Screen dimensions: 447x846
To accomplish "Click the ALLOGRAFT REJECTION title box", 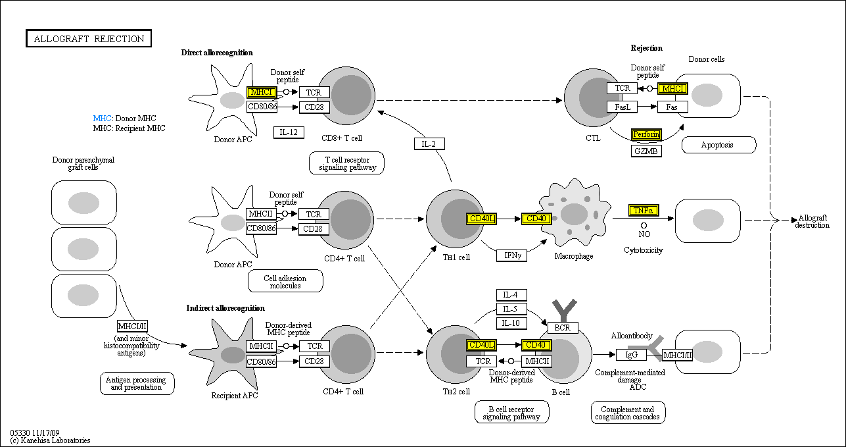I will [x=89, y=39].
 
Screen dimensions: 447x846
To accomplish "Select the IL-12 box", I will [x=289, y=132].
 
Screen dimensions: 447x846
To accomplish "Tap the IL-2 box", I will [x=429, y=144].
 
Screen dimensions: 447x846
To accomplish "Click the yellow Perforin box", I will [x=646, y=134].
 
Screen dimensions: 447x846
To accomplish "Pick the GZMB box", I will [x=646, y=151].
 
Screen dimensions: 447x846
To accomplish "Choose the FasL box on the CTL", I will [x=622, y=107].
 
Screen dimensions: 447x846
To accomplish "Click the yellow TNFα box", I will [x=643, y=211].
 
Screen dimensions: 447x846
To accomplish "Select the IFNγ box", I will [x=511, y=255].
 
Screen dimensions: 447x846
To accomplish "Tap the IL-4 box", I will [x=511, y=295].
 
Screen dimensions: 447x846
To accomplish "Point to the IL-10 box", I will [x=511, y=323].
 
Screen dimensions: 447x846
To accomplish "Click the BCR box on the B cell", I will [x=563, y=327].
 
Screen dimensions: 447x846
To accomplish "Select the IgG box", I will [x=631, y=355].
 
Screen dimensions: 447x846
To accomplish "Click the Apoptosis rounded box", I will [x=718, y=145].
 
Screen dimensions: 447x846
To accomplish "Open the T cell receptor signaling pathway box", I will [x=346, y=163].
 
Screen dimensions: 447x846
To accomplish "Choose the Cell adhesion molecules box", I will [x=285, y=281].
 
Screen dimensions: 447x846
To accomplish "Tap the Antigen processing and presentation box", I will [x=137, y=383].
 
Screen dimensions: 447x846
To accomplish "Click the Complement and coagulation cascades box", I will [x=628, y=413].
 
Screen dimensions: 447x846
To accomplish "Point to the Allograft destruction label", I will [x=812, y=222].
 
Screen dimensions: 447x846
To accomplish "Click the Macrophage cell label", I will [x=573, y=256].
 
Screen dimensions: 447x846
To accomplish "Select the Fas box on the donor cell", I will [x=672, y=107].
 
